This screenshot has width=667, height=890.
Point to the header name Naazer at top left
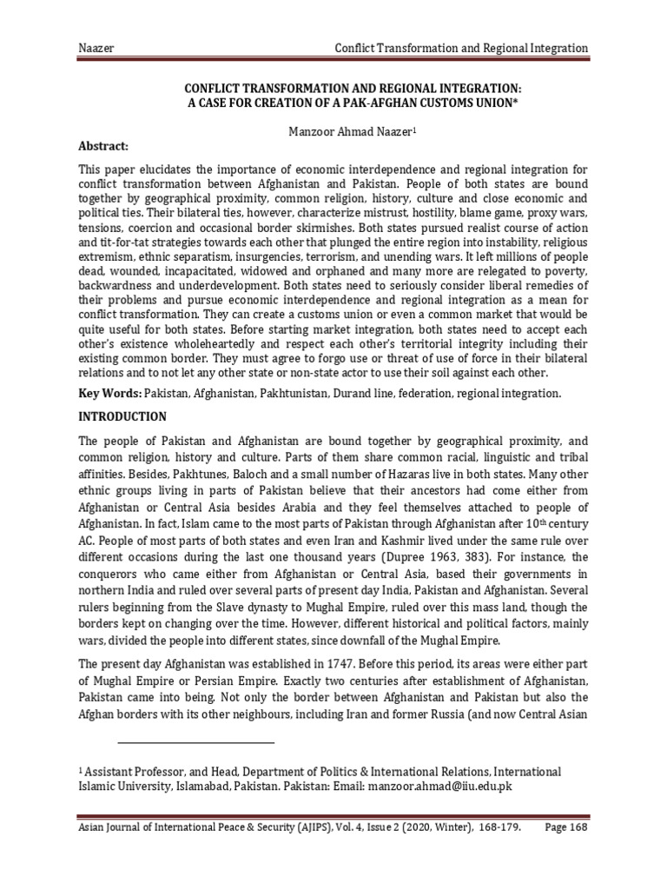pos(95,47)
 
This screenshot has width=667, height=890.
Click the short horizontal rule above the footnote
pos(195,743)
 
